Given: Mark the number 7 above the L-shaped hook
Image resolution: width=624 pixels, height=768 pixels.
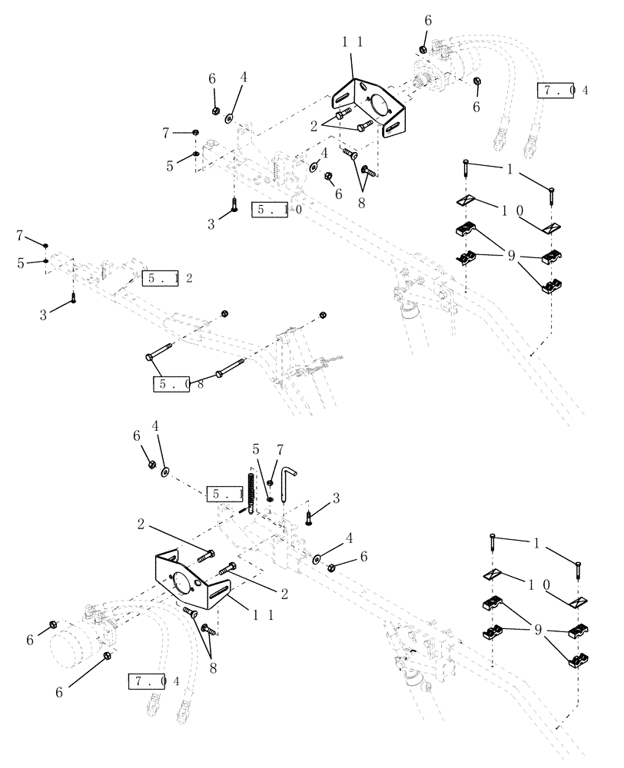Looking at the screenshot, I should pos(280,449).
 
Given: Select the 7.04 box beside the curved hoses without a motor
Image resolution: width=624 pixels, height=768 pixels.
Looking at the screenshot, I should pos(560,90).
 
